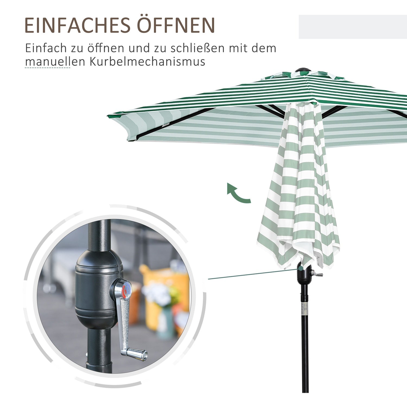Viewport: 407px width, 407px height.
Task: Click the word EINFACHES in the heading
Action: [x=78, y=25]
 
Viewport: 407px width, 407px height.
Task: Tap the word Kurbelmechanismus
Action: [x=147, y=62]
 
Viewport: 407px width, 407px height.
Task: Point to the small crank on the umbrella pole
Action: [x=316, y=274]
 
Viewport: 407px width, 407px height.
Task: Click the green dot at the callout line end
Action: [x=301, y=268]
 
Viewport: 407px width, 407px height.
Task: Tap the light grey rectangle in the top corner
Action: [x=353, y=27]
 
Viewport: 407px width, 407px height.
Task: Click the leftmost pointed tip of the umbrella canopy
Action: [x=108, y=116]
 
